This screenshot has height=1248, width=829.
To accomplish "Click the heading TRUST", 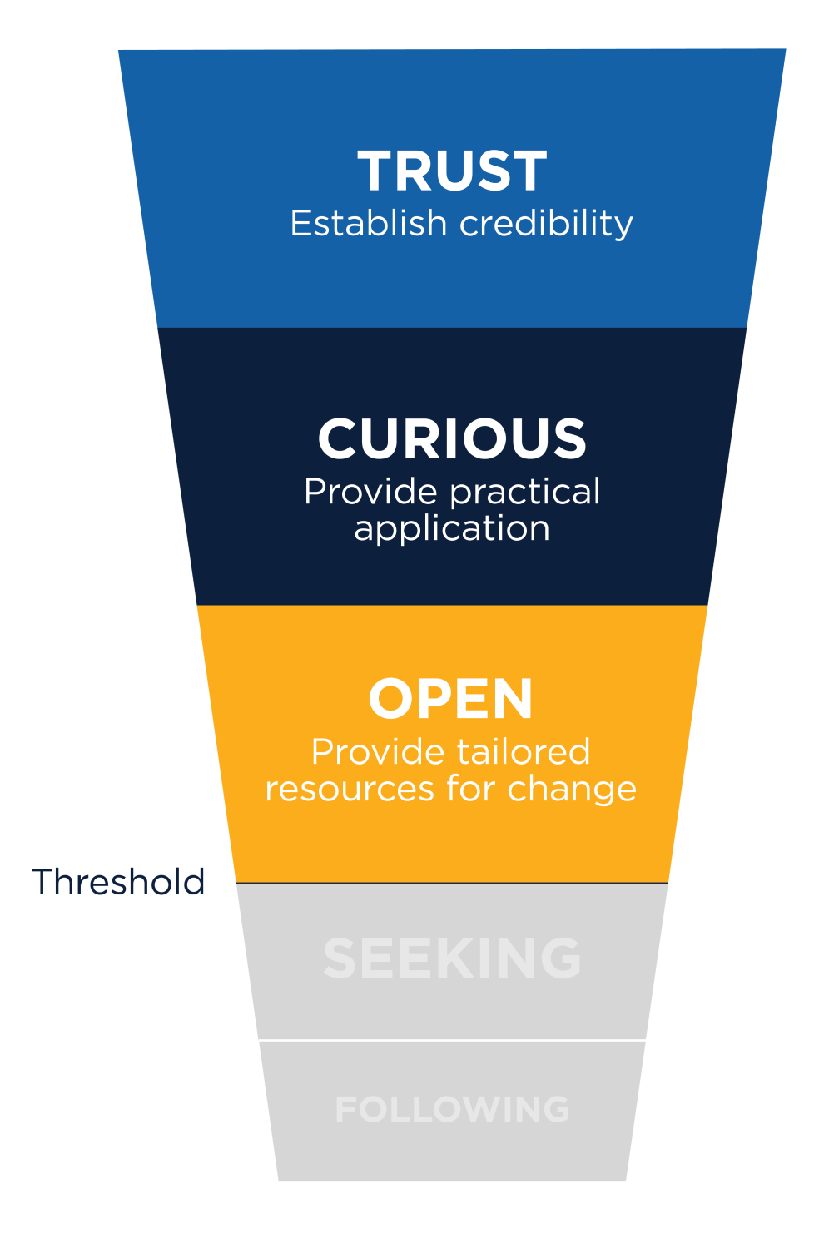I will [x=452, y=171].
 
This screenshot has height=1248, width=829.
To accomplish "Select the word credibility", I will [x=546, y=224].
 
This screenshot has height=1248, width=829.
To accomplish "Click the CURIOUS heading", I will [x=452, y=438].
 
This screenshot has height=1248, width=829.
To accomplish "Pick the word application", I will [x=452, y=529].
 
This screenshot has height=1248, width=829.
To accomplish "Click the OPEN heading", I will [x=450, y=699].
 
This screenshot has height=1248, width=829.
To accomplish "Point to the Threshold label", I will [x=118, y=882].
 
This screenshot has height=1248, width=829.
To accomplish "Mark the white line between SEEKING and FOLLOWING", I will [x=452, y=1040].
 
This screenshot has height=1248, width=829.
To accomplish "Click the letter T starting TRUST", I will [x=377, y=171].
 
